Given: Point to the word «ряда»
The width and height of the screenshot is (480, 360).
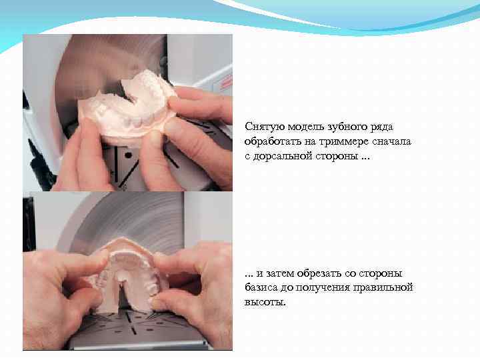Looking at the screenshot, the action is [382, 127].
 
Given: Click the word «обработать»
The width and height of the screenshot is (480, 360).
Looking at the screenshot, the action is [273, 141].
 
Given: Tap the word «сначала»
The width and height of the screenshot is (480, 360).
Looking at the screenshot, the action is [391, 141].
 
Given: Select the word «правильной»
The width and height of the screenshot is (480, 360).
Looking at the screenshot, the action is [383, 288].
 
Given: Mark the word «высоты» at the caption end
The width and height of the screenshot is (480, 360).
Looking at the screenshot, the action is [264, 303].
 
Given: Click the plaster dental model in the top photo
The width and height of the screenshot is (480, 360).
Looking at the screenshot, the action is [127, 105].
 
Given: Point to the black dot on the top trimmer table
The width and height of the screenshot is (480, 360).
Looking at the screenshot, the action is [128, 155].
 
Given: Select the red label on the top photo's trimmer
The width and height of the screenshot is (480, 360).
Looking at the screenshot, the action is [225, 82].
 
